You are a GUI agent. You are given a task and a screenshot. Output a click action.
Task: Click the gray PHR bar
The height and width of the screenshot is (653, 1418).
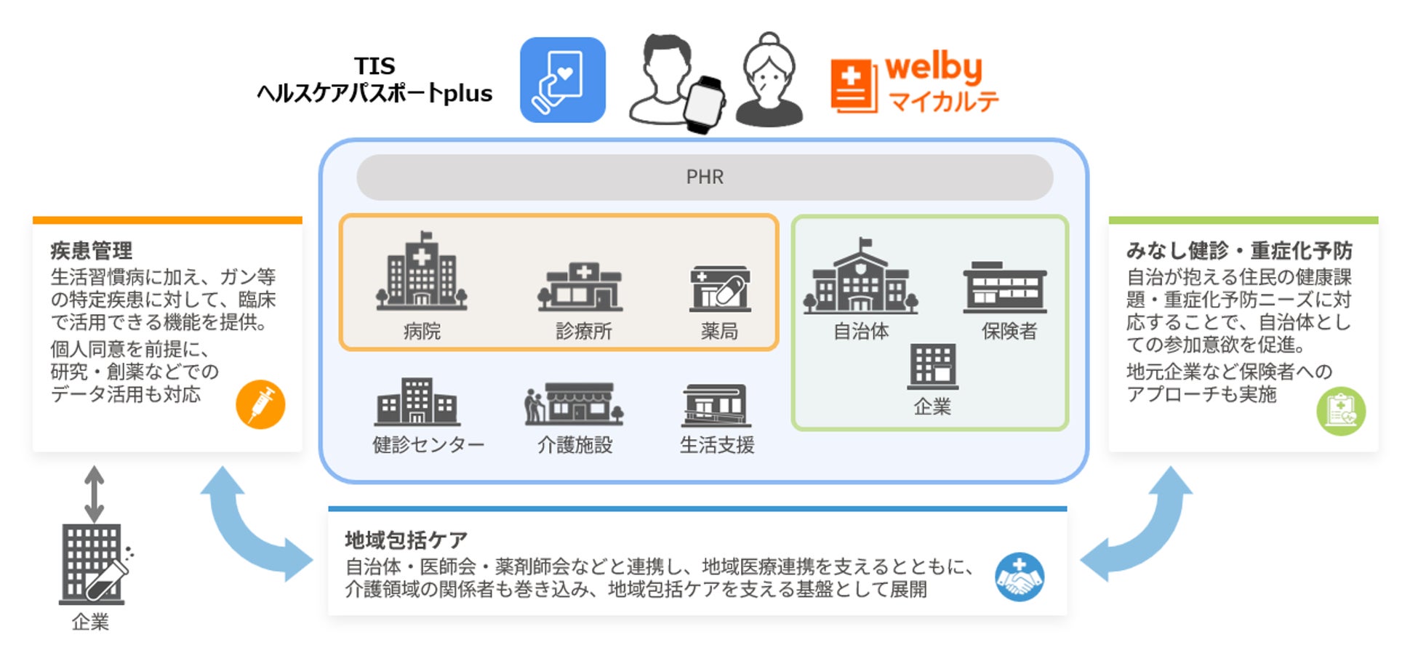point(704,177)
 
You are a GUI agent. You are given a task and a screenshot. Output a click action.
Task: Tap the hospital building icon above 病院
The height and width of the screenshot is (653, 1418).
point(421,272)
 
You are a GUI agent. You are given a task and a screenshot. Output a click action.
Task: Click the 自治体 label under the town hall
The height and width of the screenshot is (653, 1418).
point(861,332)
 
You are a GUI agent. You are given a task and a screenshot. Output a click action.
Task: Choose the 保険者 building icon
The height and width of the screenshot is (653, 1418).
point(1005,287)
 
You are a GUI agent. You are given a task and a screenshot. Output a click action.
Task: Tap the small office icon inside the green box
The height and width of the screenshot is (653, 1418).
point(932,366)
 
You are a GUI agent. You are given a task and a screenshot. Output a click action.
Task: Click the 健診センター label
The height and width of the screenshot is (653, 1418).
point(428,444)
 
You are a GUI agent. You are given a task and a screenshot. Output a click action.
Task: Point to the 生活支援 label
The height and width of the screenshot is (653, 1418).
point(717,444)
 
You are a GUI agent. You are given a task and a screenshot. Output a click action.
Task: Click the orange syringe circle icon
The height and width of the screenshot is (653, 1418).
point(260,404)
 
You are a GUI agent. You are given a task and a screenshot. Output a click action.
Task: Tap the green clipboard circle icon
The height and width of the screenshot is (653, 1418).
point(1340,411)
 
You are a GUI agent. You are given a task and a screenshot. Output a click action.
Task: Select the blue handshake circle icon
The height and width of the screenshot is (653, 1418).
point(1019,577)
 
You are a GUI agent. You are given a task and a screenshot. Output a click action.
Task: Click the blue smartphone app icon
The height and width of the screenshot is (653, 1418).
point(562,80)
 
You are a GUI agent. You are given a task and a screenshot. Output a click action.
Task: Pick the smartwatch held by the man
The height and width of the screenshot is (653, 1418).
point(703,104)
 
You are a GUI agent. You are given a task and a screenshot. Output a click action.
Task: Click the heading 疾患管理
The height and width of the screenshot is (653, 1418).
point(92,251)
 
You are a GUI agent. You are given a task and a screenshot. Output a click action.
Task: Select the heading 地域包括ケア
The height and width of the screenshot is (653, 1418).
point(406,540)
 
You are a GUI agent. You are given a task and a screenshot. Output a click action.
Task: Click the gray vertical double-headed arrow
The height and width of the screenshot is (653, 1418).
point(94,494)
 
